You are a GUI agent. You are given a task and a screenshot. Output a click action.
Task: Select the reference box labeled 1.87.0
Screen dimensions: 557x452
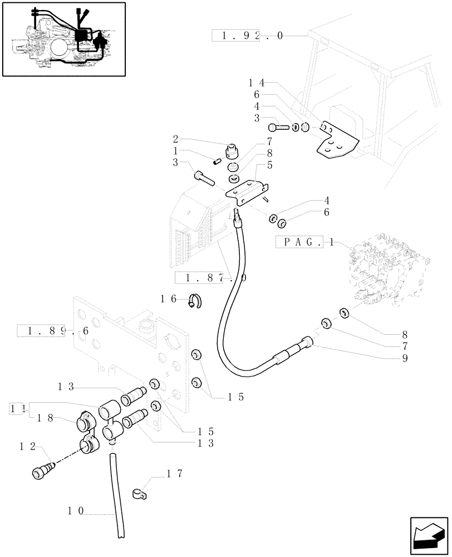click(x=210, y=277)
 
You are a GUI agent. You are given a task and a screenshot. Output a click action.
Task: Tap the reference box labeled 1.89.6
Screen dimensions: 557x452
click(x=53, y=331)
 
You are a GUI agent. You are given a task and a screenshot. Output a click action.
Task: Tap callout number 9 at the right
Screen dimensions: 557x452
click(x=405, y=358)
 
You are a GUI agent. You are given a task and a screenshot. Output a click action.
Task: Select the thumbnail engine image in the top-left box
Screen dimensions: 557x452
click(x=62, y=39)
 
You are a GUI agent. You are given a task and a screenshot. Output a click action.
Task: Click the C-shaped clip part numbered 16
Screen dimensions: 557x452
click(x=194, y=300)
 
